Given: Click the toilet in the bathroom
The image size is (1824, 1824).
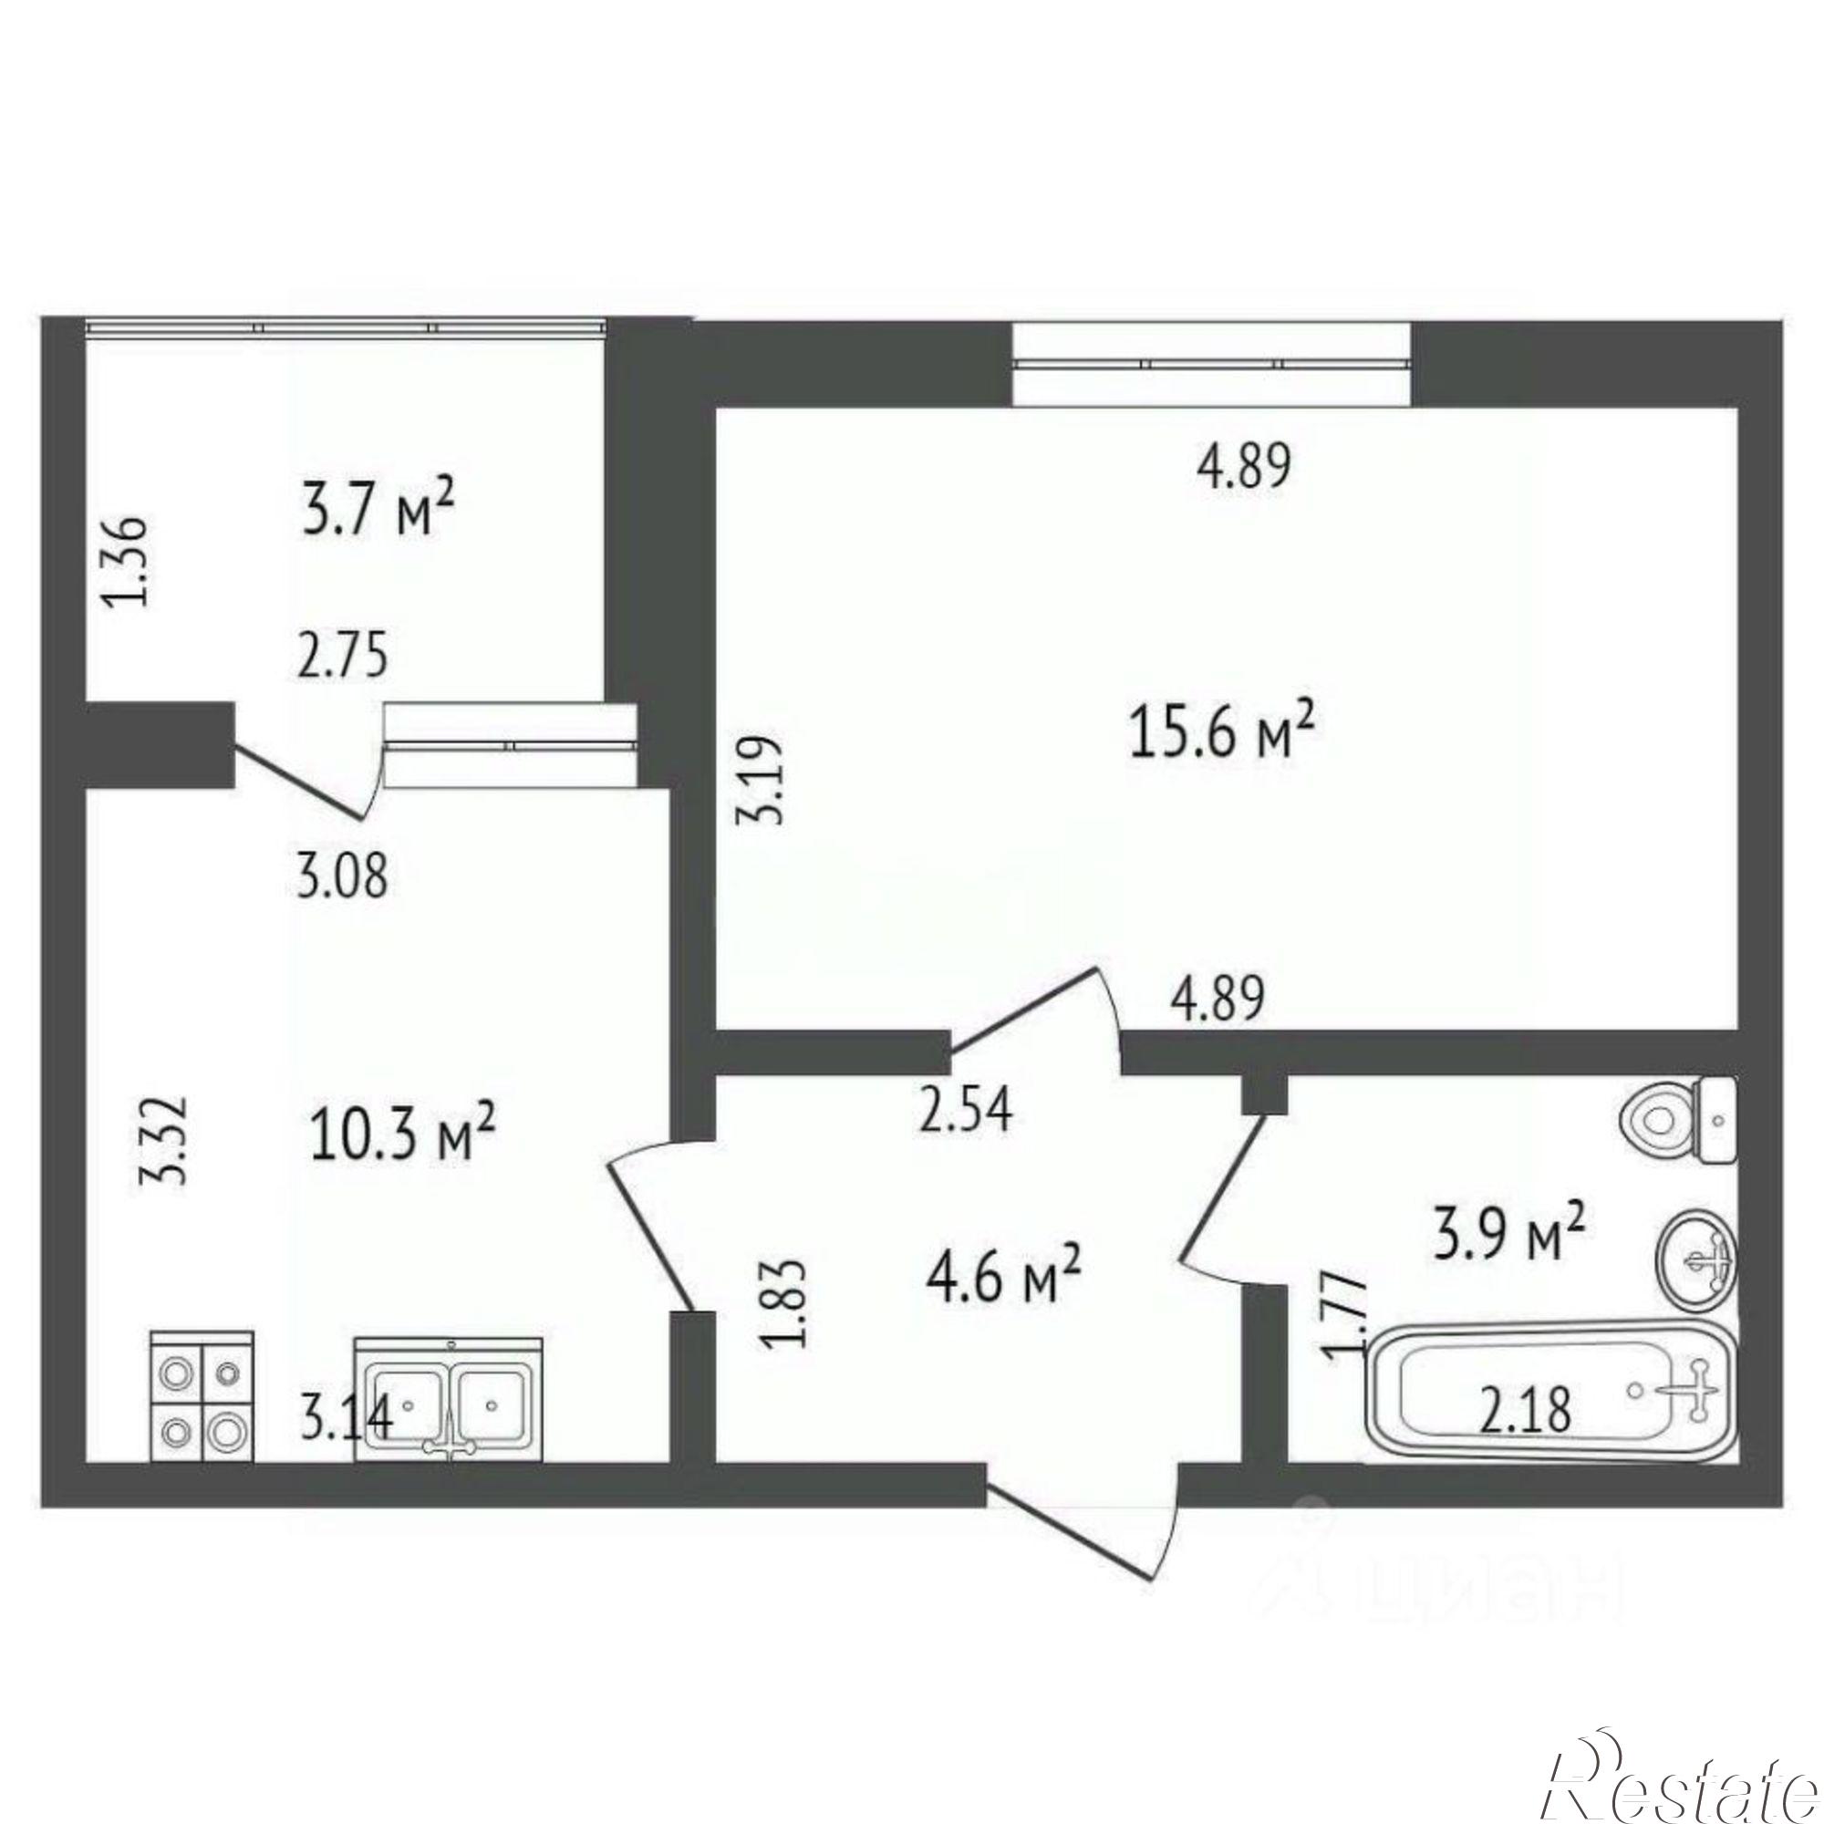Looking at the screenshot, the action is click(x=1679, y=1121).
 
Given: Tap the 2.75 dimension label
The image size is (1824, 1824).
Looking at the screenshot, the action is click(x=343, y=655).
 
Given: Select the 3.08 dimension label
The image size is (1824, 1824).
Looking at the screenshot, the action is click(x=343, y=876).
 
